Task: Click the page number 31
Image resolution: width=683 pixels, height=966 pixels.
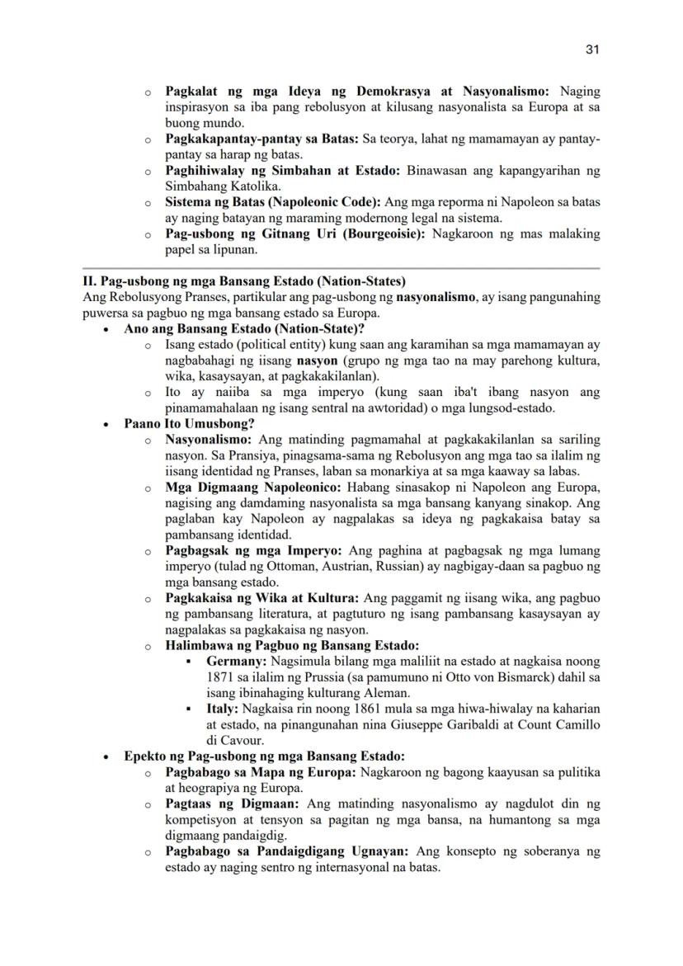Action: [591, 49]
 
